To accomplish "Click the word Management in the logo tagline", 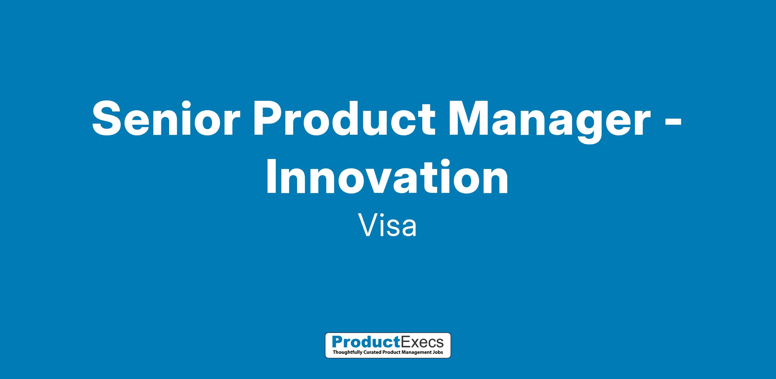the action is point(417,352).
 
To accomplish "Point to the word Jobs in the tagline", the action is point(438,352).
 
